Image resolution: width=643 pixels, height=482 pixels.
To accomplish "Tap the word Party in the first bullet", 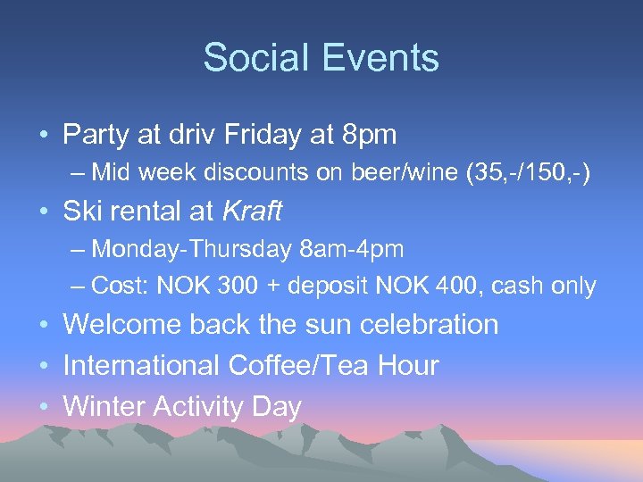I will pyautogui.click(x=96, y=136).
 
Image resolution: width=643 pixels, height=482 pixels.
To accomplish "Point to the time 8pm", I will pyautogui.click(x=370, y=136).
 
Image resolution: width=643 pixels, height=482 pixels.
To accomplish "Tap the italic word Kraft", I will pyautogui.click(x=251, y=212).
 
